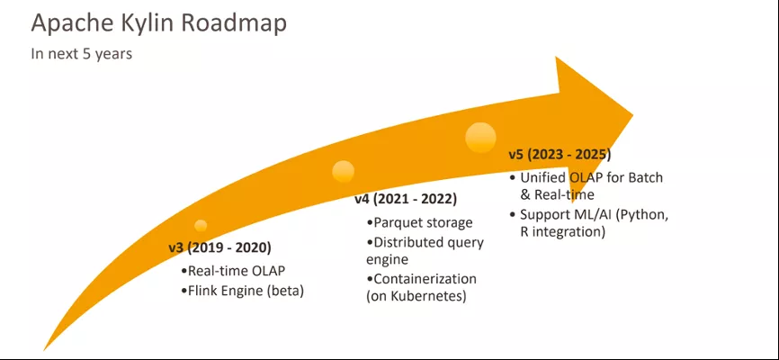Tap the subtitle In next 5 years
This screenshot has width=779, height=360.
coord(82,53)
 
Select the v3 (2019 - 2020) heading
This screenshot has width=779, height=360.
coord(219,247)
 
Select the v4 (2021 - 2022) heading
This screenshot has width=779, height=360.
coord(406,200)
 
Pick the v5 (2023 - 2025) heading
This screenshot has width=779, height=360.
coord(560,155)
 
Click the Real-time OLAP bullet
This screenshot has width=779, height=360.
coord(234,271)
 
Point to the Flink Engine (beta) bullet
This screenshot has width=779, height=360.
coord(242,291)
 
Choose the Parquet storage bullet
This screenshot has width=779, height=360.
coord(419,222)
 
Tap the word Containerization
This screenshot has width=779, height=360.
coord(425,278)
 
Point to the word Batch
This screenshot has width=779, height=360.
coord(645,177)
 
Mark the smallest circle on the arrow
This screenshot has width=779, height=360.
coord(201,226)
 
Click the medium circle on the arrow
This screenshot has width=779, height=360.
coord(344,172)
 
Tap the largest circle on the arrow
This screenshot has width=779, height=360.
coord(480,137)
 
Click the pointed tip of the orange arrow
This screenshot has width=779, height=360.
coord(633,115)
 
